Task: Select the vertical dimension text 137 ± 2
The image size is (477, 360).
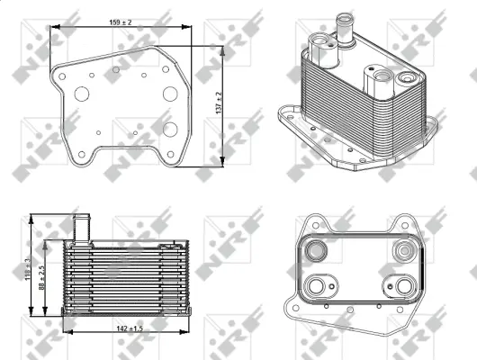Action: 220,106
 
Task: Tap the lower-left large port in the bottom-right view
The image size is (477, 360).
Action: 318,287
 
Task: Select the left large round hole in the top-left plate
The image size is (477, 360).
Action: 83,94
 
